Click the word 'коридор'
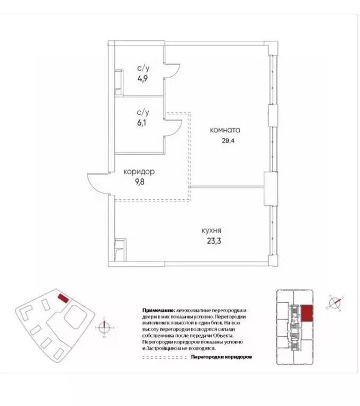pos(139,172)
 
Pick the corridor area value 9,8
pos(139,183)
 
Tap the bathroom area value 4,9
pos(143,78)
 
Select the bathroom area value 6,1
pos(143,122)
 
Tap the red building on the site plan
pos(62,298)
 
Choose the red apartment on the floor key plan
pos(307,314)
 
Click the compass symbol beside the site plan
pos(105,327)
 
